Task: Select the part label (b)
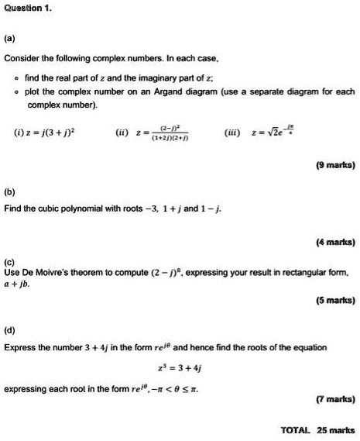tap(10, 187)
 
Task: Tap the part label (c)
tap(9, 262)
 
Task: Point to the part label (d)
tap(10, 329)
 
